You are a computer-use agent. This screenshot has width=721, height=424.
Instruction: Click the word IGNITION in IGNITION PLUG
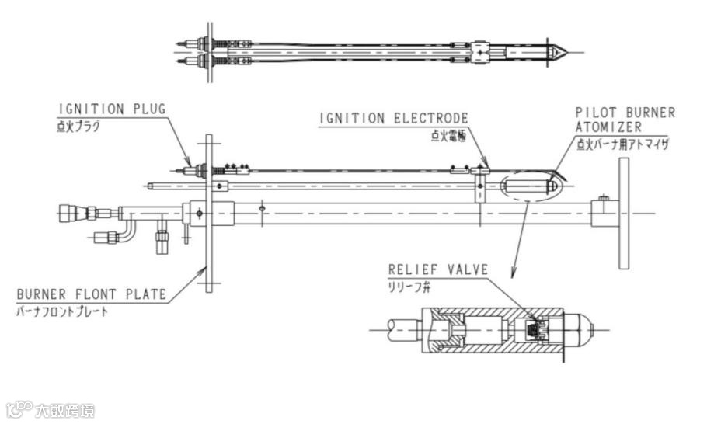coord(92,109)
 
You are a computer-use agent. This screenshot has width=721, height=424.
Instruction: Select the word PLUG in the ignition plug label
coord(149,109)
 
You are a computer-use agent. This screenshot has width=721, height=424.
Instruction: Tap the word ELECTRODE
coord(431,119)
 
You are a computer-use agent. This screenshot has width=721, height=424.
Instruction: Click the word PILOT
coord(595,113)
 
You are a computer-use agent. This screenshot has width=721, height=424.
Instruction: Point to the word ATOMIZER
coord(608,127)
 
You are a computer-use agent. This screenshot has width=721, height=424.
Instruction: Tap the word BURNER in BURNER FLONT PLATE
coord(41,294)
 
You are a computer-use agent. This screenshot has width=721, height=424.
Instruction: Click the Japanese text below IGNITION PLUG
coord(78,127)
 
